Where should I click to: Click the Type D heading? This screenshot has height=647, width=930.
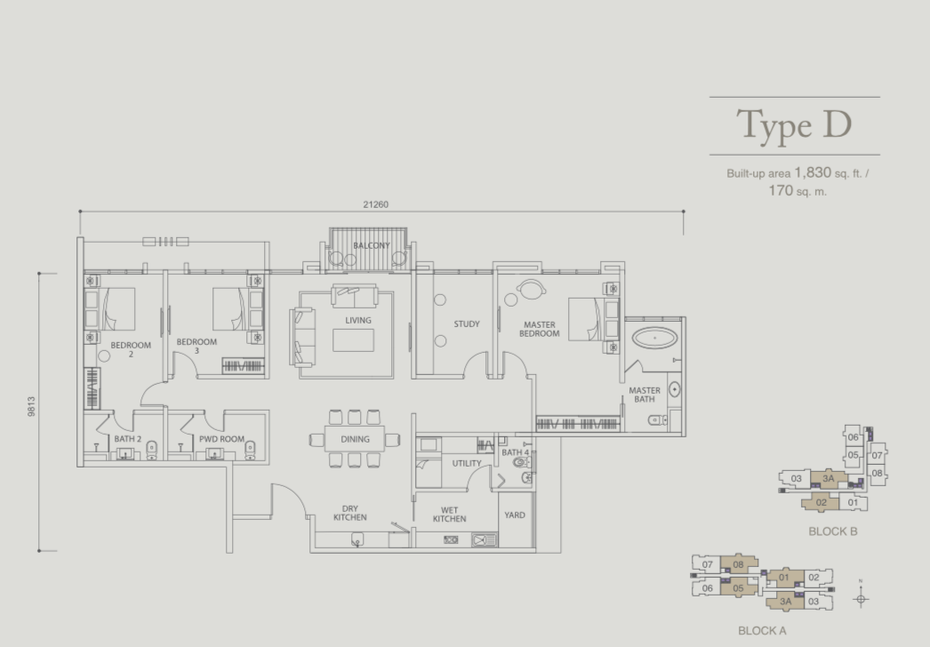coord(794,125)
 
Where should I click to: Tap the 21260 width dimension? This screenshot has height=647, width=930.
coord(375,204)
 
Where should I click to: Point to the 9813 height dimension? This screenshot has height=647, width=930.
coord(31,406)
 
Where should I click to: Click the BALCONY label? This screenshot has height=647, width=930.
coord(372,245)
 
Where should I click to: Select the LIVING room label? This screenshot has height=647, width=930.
coord(358,320)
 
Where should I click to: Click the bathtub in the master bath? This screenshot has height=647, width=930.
coord(654,338)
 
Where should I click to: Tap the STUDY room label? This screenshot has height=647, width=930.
coord(467,323)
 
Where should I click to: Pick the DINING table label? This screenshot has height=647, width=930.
coord(355,439)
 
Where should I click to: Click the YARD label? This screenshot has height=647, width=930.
coord(515,515)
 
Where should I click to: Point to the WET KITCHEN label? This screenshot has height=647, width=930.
coord(450,515)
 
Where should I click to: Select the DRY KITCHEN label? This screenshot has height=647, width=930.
coord(350,513)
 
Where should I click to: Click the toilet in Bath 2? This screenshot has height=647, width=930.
coord(151,450)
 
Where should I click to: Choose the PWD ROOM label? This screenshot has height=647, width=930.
coord(221,439)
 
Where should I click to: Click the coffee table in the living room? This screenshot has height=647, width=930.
coord(353,340)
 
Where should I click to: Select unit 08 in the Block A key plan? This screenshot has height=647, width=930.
coord(739,564)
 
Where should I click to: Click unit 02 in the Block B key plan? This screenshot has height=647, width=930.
coord(821,502)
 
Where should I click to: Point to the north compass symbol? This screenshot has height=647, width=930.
coord(861,598)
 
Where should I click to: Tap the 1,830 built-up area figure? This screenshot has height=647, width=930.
coord(813,172)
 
